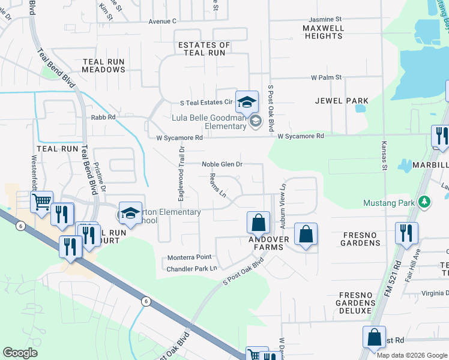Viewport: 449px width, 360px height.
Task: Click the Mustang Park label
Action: pos(389,203)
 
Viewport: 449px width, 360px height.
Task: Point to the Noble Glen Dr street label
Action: pos(222,164)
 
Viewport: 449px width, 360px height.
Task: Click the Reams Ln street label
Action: pos(217,185)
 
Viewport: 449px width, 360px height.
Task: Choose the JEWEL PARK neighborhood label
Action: pos(341,100)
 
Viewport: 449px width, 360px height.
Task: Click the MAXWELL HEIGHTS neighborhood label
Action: pos(323,32)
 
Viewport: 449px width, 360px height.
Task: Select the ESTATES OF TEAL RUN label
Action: pos(204,49)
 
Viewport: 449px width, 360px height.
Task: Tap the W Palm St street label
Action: pos(326,77)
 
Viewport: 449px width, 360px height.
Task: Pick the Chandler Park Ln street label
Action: pos(191,268)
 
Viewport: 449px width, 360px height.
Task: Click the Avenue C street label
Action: pos(163,21)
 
